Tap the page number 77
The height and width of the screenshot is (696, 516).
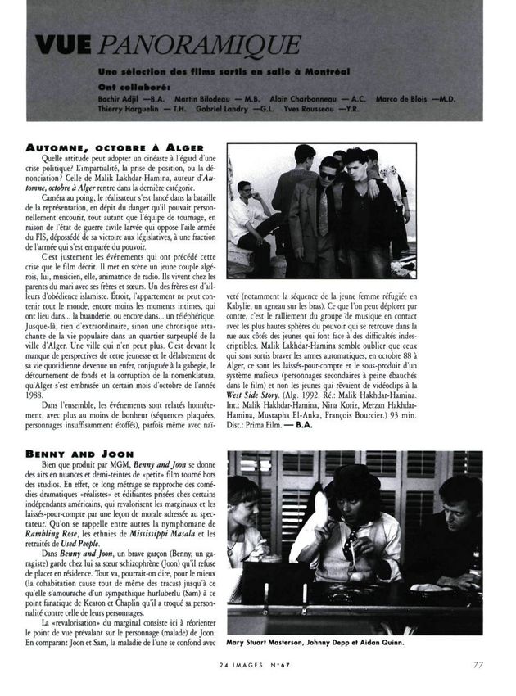(477, 664)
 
